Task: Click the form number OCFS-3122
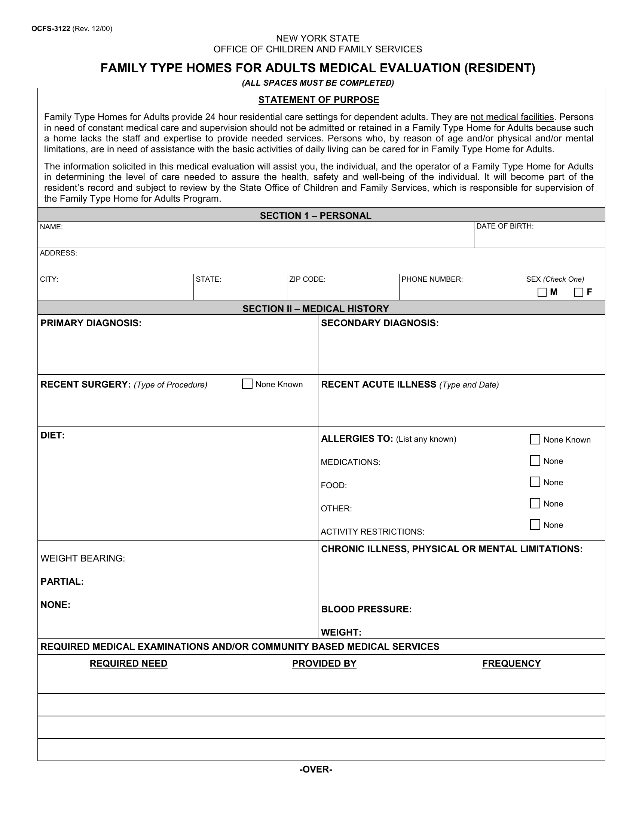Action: [51, 29]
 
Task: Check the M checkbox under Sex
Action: [542, 292]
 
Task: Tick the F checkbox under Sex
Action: [578, 292]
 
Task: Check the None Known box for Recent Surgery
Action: [247, 384]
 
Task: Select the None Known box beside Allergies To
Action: [535, 440]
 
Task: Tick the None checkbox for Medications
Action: [535, 461]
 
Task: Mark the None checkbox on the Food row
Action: [535, 482]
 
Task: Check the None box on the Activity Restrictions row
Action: [535, 524]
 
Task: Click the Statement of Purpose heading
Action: [318, 100]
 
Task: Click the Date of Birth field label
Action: [505, 226]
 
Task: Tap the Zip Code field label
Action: [307, 279]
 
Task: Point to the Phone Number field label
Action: [432, 279]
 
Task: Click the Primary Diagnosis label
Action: [91, 323]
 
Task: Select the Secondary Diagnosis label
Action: [379, 323]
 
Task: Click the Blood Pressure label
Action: [366, 609]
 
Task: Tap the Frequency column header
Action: [511, 664]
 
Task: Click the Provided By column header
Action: [324, 664]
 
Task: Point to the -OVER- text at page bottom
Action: [316, 770]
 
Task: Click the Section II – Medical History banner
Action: [315, 309]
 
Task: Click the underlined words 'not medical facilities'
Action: [512, 117]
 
